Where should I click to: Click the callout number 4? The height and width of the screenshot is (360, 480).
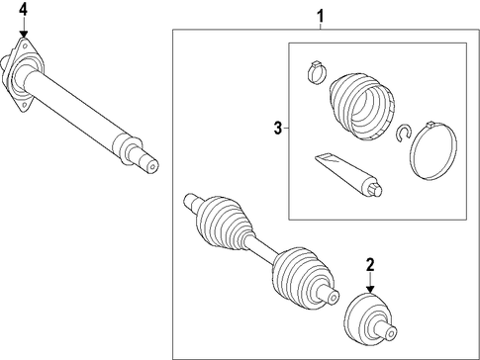tap(24, 10)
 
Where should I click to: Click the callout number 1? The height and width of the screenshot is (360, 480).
tap(321, 16)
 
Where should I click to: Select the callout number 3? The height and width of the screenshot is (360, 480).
tap(278, 128)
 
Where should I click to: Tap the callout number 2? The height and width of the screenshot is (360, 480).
tap(370, 265)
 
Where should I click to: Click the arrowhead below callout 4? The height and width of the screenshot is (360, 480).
tap(24, 34)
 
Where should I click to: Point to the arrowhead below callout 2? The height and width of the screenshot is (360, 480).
tap(371, 289)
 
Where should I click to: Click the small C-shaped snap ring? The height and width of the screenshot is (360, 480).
tap(403, 134)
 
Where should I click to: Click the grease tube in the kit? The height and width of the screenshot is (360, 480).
tap(348, 175)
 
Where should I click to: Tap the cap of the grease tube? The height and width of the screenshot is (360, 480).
tap(374, 190)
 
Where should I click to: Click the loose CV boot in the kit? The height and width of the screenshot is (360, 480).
tap(362, 105)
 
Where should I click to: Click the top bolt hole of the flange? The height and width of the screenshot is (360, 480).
tap(25, 45)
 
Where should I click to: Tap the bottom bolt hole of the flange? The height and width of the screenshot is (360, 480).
tap(24, 105)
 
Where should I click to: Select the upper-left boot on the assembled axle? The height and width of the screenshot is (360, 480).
tap(226, 223)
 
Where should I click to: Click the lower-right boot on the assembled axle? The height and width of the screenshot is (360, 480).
tap(304, 278)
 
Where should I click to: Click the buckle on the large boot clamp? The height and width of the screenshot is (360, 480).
tap(430, 126)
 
